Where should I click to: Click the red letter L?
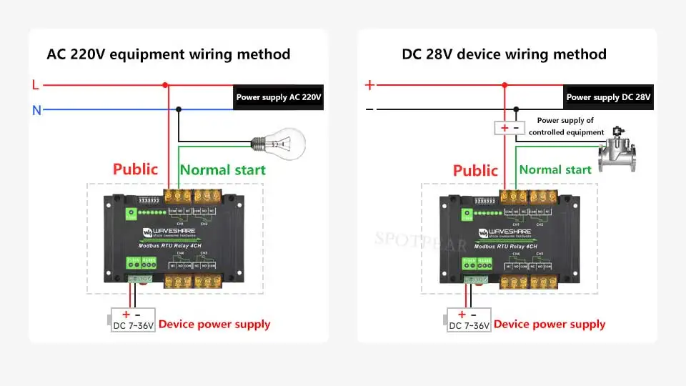(36, 85)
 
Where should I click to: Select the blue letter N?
(36, 110)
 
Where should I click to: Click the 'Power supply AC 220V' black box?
(279, 97)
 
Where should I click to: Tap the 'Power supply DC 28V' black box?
(608, 97)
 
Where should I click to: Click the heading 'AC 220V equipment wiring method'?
(169, 54)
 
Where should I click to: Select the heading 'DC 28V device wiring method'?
(504, 54)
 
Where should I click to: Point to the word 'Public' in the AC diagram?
(135, 169)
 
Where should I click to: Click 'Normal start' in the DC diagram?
(555, 169)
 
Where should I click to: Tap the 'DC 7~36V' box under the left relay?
(132, 320)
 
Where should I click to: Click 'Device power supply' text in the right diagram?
(550, 325)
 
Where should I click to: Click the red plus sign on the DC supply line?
(369, 85)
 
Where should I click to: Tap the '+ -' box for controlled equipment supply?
(509, 128)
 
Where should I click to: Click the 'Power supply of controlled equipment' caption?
(566, 126)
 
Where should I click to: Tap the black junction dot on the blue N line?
(179, 110)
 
